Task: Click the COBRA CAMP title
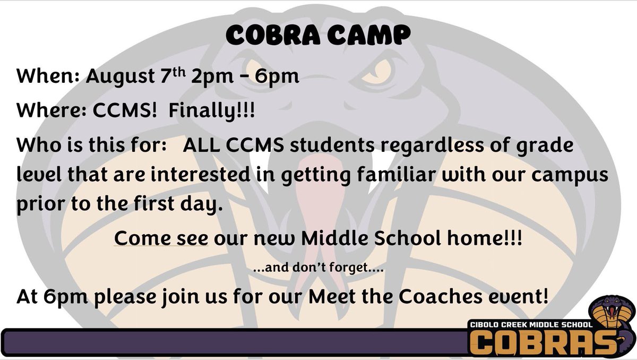(x=318, y=36)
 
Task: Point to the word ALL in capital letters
(x=200, y=147)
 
